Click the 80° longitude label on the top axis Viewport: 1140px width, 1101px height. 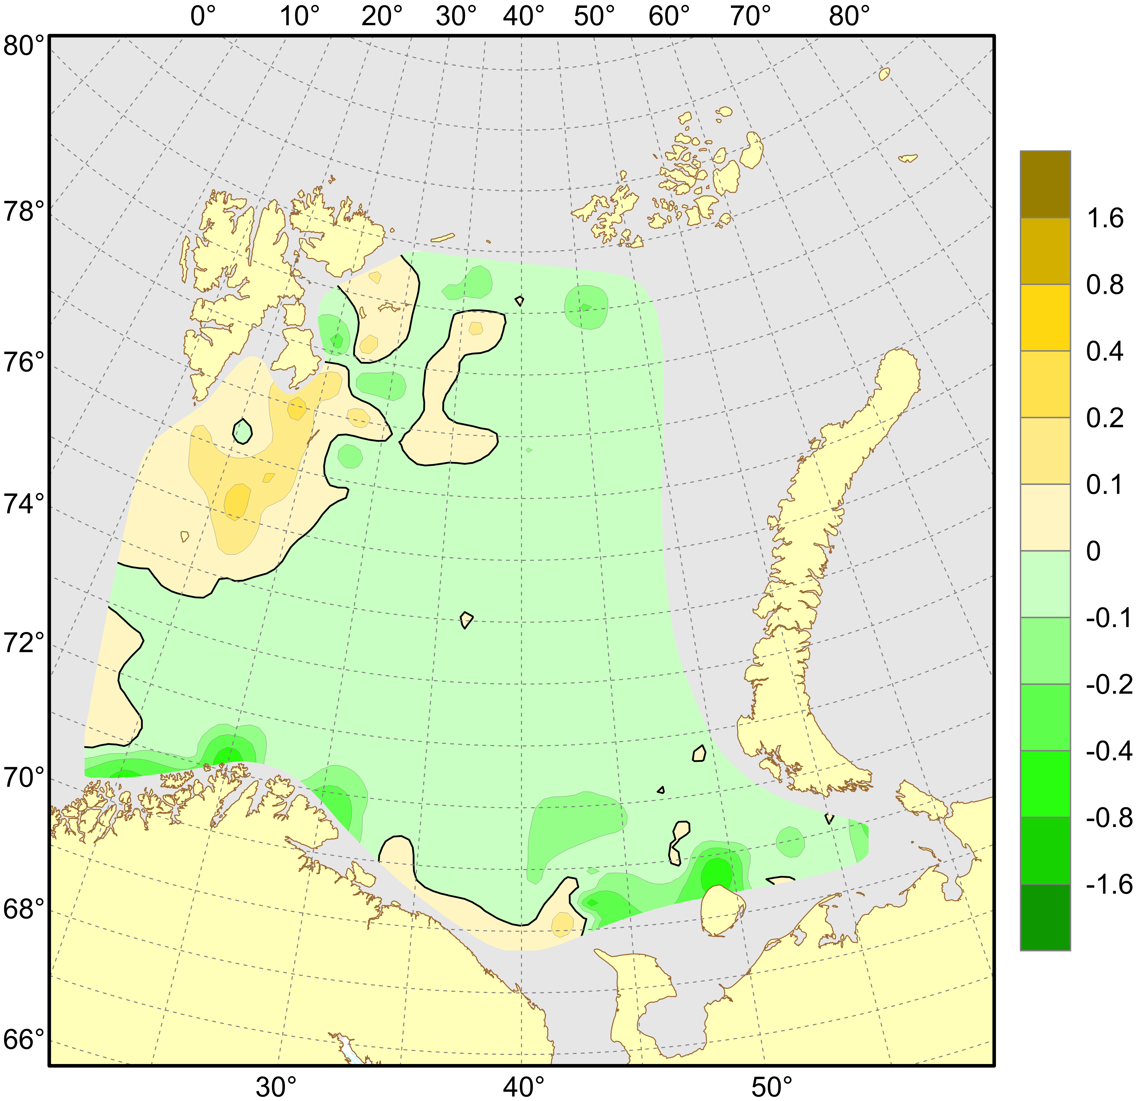coord(849,16)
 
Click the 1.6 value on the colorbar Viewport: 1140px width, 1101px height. coord(1105,219)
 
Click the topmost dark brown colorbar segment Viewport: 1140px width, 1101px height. coord(1045,184)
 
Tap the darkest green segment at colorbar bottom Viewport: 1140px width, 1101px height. coord(1045,917)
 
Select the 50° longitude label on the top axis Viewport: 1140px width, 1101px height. coord(594,16)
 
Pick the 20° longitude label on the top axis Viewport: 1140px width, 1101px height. coord(381,16)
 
